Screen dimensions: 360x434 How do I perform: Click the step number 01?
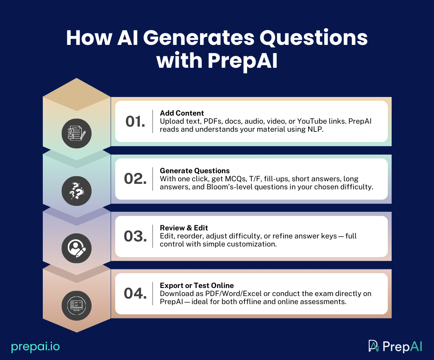pos(135,121)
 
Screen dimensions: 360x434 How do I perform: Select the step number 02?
pos(135,179)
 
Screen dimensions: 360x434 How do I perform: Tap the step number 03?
pos(135,236)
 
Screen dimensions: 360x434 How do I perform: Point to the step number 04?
pos(135,294)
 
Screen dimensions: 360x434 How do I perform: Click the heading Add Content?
pos(182,113)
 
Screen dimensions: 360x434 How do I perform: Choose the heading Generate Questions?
pos(195,171)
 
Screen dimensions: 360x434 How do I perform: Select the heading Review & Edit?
pos(184,228)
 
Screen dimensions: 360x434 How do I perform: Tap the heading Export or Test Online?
pos(197,285)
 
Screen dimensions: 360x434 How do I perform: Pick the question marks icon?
pos(77,191)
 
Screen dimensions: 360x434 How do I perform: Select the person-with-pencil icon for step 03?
pos(77,248)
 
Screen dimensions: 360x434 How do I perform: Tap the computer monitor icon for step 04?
pos(77,305)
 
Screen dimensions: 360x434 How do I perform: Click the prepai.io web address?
pos(36,347)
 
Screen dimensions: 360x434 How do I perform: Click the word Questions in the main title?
pos(314,38)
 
